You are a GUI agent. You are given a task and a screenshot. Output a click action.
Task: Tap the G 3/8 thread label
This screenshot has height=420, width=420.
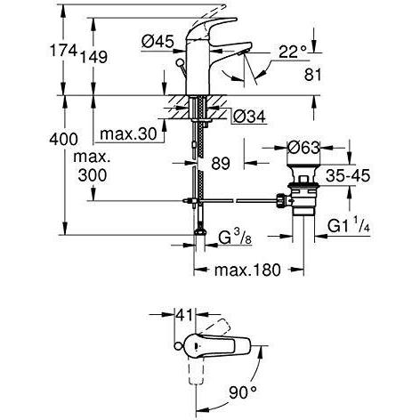click(x=235, y=238)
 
